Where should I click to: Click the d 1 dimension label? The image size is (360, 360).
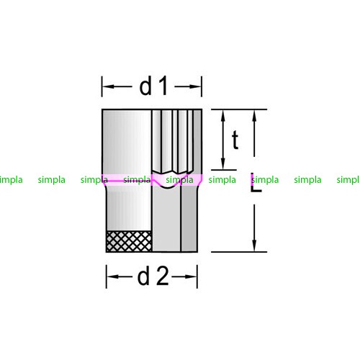pos(153,86)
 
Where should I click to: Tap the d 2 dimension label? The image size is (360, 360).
pos(153,276)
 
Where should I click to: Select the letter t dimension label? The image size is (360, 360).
pos(235,140)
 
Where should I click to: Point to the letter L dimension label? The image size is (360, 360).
pos(256,182)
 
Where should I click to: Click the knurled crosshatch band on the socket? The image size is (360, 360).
pos(129,241)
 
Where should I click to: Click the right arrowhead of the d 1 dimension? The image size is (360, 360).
pos(195,86)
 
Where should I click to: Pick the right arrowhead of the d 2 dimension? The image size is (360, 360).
pos(191,276)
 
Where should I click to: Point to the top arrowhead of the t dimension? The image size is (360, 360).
pos(223,116)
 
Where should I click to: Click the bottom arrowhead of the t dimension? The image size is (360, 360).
pos(223,163)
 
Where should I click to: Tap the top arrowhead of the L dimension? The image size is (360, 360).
pos(255,116)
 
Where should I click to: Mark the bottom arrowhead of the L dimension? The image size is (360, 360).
pos(255,246)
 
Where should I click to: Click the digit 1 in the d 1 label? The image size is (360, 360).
pos(163,86)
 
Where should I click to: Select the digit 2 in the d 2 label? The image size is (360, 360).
pos(162,276)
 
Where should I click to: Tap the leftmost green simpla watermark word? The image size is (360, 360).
pos(11,180)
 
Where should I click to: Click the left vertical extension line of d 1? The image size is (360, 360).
pos(102,86)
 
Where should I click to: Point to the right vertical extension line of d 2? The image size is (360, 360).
pos(197,276)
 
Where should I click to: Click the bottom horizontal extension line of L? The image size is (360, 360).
pos(239,252)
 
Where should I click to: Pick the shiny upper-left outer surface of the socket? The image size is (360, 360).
pos(127,142)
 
